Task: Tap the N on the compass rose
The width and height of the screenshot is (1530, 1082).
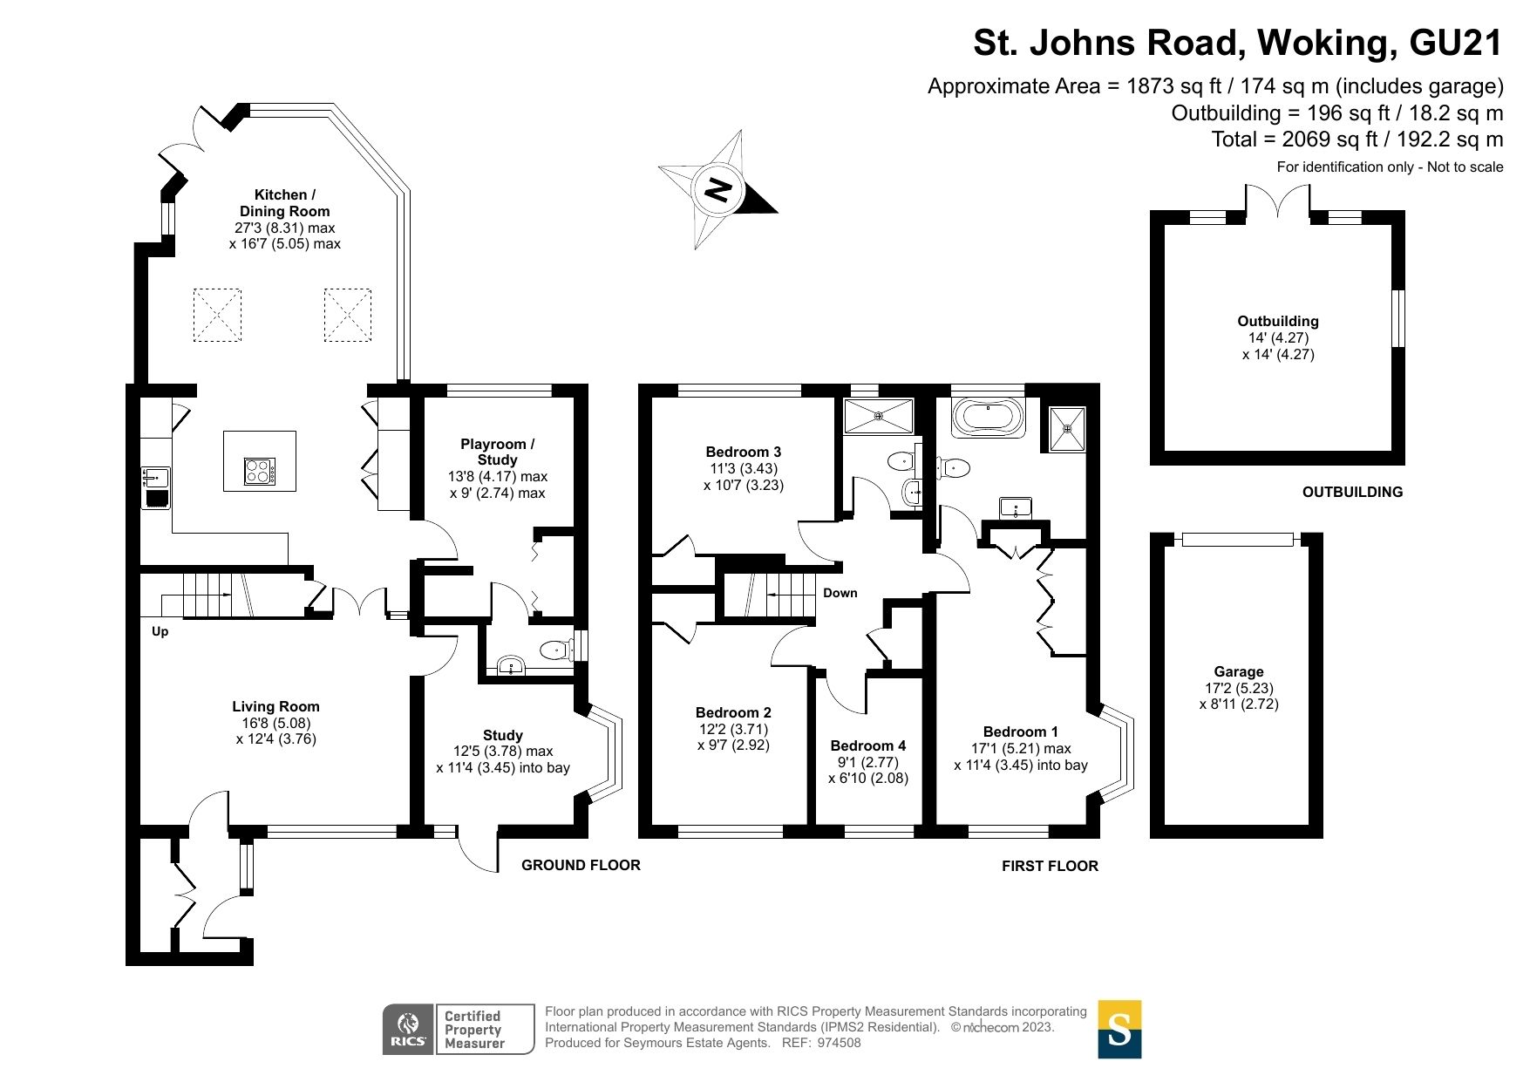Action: pos(717,189)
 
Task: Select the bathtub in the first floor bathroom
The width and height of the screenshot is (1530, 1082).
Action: pos(989,418)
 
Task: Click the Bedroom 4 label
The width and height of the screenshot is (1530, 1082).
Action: pos(867,745)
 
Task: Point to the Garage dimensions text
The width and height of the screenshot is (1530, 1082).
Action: pos(1239,696)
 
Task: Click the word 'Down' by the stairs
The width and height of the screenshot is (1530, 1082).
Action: pos(840,593)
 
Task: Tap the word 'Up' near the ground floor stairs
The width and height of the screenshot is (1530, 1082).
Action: pos(160,631)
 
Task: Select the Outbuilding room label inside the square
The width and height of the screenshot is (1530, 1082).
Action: pos(1277,321)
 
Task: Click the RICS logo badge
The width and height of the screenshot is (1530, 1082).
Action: pos(407,1029)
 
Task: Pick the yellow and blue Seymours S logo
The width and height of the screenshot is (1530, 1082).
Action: pos(1119,1029)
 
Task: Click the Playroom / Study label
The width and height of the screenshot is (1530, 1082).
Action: pos(497,452)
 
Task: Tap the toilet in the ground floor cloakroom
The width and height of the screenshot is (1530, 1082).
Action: pos(555,650)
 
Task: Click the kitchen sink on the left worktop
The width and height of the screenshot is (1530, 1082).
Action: pos(156,477)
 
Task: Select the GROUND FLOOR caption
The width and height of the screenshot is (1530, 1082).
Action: pos(581,865)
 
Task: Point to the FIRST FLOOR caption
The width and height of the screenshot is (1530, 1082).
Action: pos(1050,866)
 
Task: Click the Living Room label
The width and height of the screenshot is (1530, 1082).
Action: pos(275,706)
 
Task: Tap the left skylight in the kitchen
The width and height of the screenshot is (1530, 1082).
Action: pos(216,315)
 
